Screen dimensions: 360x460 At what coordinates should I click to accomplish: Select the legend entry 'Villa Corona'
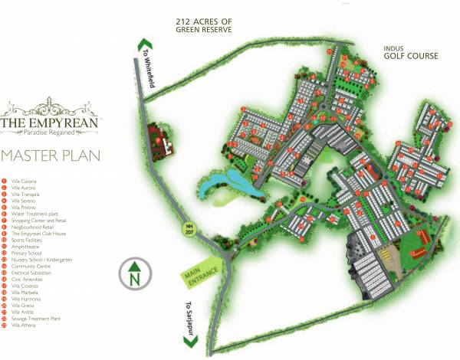pyautogui.click(x=24, y=181)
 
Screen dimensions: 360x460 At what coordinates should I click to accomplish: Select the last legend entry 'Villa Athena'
pyautogui.click(x=23, y=326)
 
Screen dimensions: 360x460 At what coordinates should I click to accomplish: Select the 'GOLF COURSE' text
pyautogui.click(x=412, y=56)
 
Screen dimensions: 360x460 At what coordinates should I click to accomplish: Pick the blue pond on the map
pyautogui.click(x=222, y=184)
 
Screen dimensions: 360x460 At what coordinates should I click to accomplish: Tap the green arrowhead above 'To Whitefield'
pyautogui.click(x=141, y=44)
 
